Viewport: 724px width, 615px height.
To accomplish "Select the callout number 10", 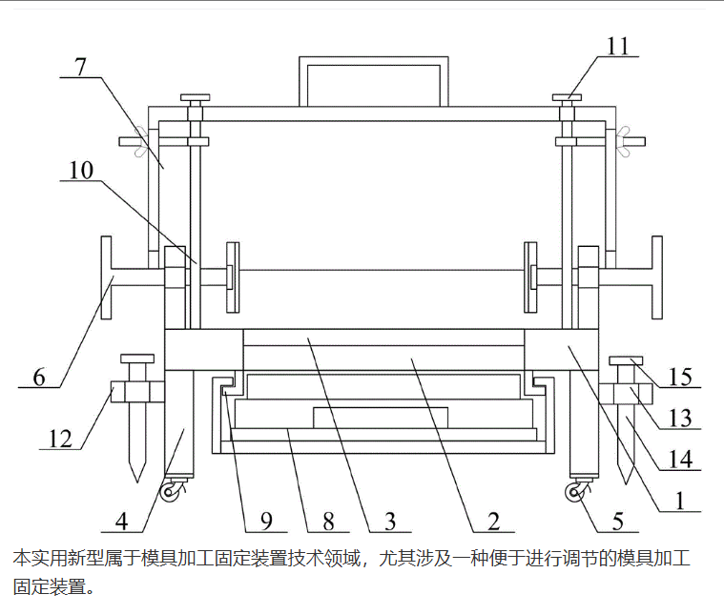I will [81, 171].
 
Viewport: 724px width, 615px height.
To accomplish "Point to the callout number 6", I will [38, 377].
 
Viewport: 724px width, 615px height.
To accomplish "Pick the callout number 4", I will [122, 521].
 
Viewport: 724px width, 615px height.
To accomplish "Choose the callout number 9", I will [266, 521].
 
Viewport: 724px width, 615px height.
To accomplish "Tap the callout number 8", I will [328, 521].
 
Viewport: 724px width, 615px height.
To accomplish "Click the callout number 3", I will [389, 521].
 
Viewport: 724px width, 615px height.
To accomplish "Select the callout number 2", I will [493, 521].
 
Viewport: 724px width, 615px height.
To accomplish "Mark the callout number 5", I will [618, 521].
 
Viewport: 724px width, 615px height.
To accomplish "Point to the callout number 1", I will [678, 499].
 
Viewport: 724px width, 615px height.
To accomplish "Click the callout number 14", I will [678, 459].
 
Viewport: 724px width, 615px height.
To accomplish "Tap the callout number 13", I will [678, 417].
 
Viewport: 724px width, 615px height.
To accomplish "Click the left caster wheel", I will [171, 493].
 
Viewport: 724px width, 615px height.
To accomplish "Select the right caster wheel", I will [575, 493].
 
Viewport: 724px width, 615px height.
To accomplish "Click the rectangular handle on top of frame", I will [374, 81].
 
